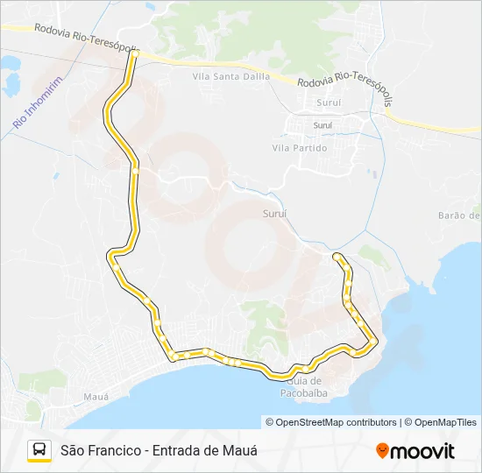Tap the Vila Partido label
point(300,148)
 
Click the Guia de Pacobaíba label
point(304,386)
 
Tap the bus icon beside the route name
point(39,450)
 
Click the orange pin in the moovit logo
point(382,451)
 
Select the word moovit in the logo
point(422,451)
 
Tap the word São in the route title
point(72,450)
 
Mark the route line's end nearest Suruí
point(337,256)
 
